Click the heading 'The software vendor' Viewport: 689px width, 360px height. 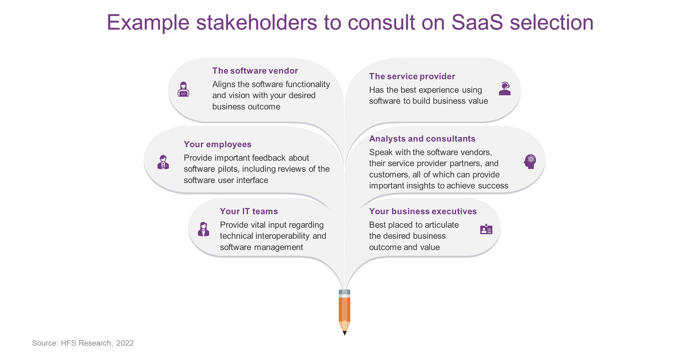tap(255, 71)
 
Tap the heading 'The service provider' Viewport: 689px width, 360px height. tap(412, 76)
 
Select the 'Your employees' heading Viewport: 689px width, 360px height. tap(217, 144)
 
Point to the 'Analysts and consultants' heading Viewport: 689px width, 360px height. tap(422, 139)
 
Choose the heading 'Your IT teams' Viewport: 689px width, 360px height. tap(249, 211)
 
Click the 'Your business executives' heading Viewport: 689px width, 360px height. tap(423, 211)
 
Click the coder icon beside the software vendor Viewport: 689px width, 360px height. tap(183, 89)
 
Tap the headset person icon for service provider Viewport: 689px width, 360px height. tap(505, 89)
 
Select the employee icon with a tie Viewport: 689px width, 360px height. tap(163, 162)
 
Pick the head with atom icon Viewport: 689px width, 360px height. tap(530, 162)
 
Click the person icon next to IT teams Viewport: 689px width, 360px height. tap(203, 229)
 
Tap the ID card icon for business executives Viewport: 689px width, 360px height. tap(486, 229)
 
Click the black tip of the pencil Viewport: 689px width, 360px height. tap(344, 333)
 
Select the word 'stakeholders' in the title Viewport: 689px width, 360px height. tap(257, 22)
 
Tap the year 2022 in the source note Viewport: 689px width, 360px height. tap(125, 343)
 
